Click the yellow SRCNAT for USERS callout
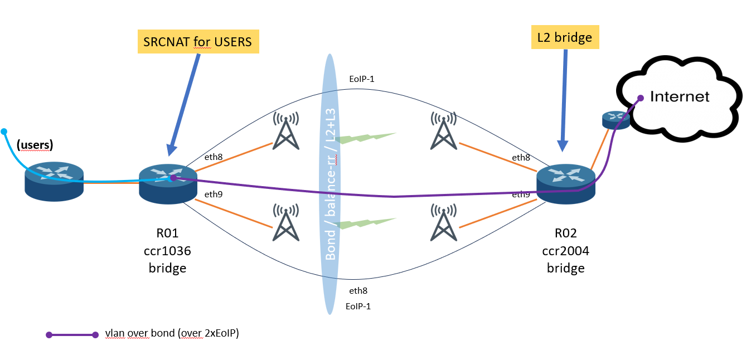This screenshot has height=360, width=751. [x=198, y=41]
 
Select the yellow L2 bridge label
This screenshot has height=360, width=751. [x=565, y=37]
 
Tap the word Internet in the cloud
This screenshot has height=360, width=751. [x=680, y=96]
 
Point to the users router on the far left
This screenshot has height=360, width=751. [x=54, y=181]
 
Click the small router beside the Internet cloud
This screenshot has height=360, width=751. [x=616, y=119]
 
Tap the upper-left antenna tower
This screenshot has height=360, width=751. [x=285, y=131]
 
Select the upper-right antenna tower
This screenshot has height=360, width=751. [x=444, y=131]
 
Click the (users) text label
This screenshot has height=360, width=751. [x=35, y=145]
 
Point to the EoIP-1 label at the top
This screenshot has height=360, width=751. [x=361, y=79]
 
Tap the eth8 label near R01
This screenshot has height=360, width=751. [x=214, y=157]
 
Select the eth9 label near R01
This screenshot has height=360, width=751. [x=214, y=194]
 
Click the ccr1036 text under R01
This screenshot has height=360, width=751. [x=167, y=251]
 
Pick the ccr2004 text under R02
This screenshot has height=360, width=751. [x=565, y=251]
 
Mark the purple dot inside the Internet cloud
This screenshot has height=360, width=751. [x=641, y=98]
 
